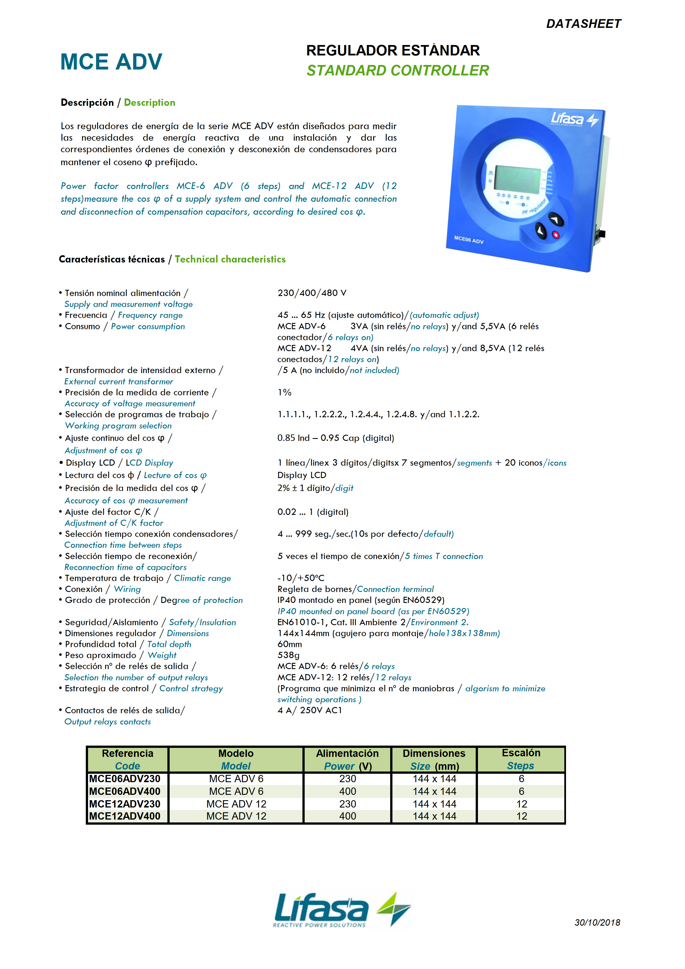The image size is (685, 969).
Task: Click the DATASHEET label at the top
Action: coord(583,24)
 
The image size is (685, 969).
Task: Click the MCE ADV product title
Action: coord(111,62)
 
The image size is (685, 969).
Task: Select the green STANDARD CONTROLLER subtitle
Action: coord(397,70)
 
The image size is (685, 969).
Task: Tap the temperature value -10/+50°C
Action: coord(301,578)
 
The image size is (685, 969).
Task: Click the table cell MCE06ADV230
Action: coord(125,779)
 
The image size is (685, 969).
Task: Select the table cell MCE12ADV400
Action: coord(125,816)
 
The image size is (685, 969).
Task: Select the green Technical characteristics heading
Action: coord(230,259)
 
